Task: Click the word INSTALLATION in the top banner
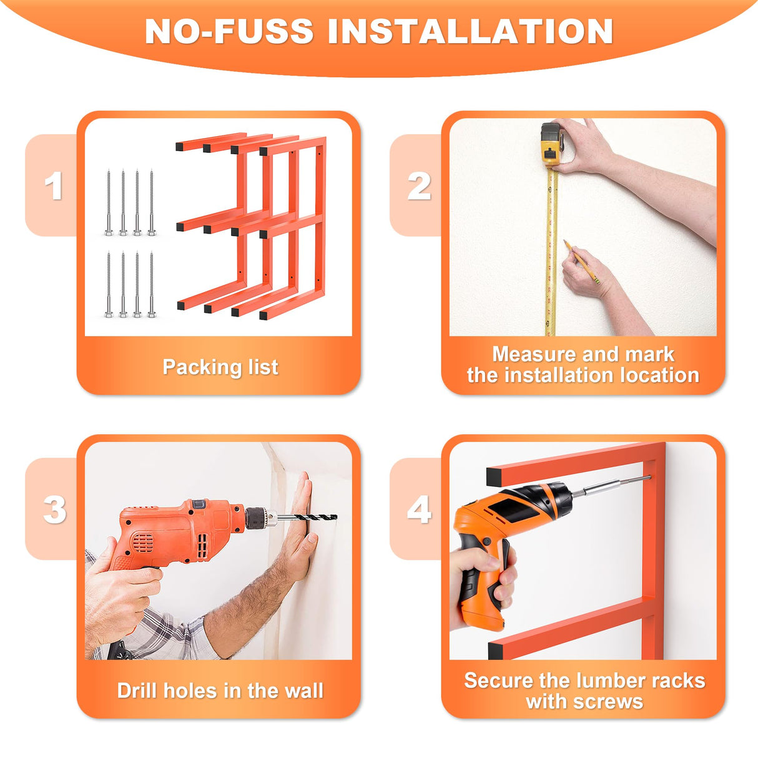[470, 31]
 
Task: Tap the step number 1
[54, 185]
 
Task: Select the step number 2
[420, 185]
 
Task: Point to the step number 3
[55, 509]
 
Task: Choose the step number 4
[420, 509]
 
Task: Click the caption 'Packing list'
[220, 367]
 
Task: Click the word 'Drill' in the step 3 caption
[137, 691]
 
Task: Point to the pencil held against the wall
[581, 262]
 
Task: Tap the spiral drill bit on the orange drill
[309, 517]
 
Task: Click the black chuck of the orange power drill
[257, 518]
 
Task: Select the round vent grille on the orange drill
[142, 543]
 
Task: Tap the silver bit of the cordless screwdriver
[611, 486]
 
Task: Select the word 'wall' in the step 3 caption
[303, 691]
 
